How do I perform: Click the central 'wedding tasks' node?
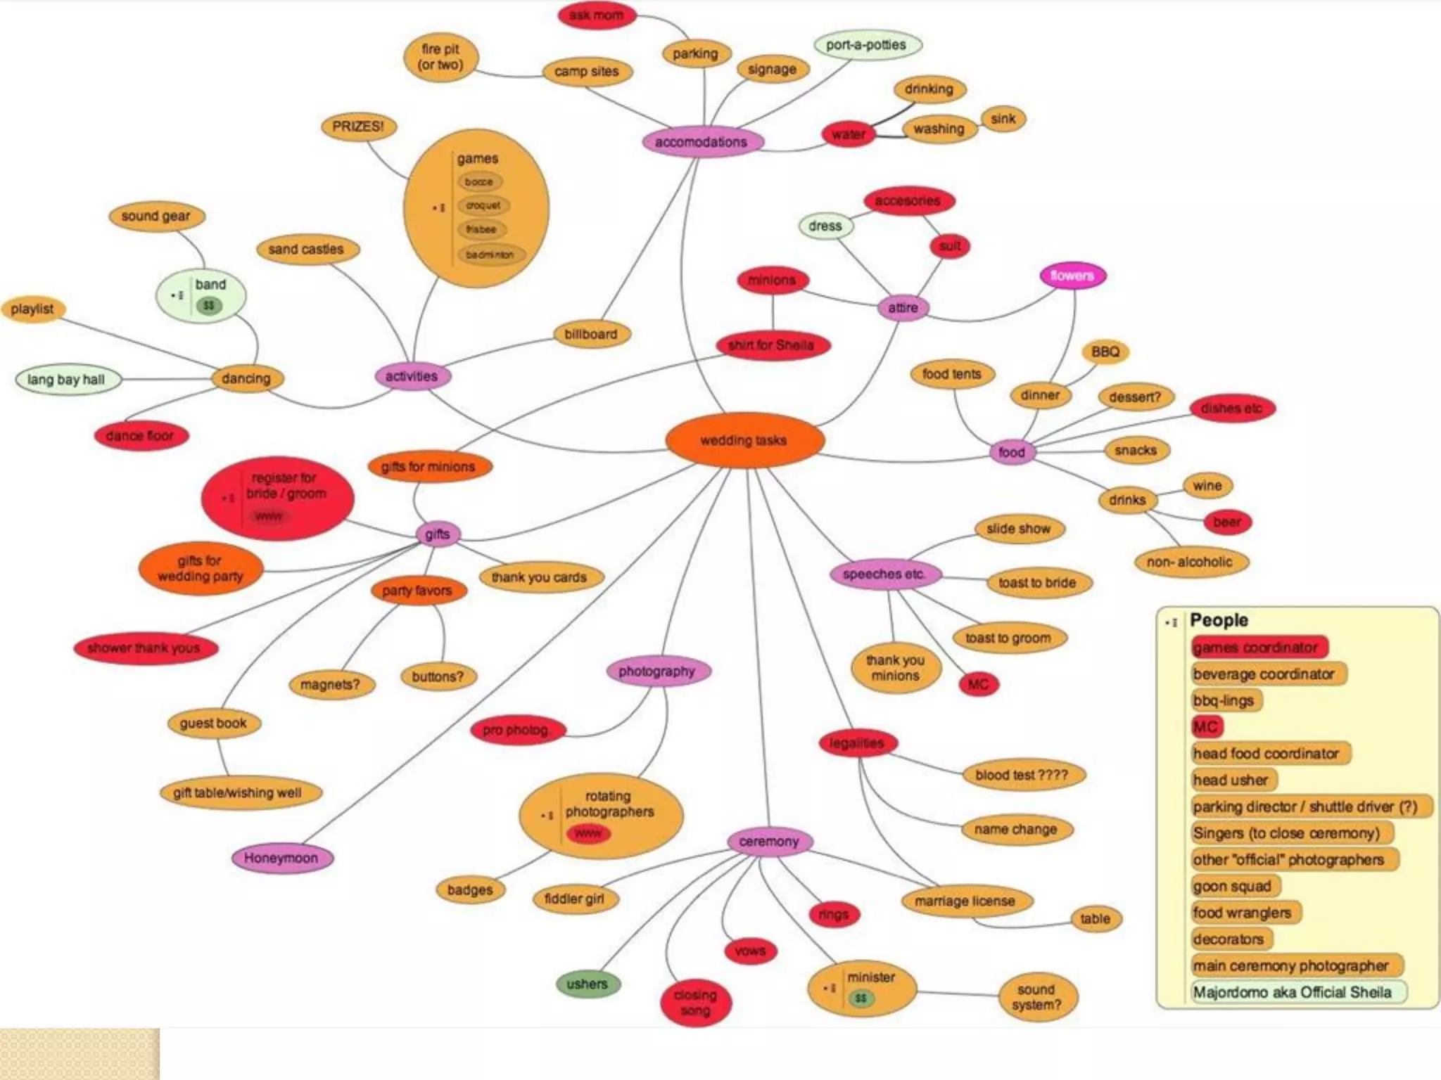(x=744, y=440)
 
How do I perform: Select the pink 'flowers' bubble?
(x=1072, y=276)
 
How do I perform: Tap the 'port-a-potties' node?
(x=867, y=45)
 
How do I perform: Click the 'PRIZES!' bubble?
(x=358, y=127)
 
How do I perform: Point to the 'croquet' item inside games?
(x=483, y=205)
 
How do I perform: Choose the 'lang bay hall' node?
(x=66, y=380)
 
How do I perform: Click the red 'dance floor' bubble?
(x=140, y=436)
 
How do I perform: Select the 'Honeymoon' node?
(x=281, y=858)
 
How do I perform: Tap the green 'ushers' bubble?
(x=587, y=984)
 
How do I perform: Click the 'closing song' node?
(x=695, y=1003)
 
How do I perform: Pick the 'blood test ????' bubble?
(x=1022, y=775)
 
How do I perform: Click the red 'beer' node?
(x=1227, y=522)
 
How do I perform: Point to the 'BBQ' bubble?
(x=1105, y=352)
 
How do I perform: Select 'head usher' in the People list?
(x=1231, y=780)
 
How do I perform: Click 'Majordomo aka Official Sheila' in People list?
(x=1293, y=992)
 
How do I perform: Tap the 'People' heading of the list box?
(x=1219, y=620)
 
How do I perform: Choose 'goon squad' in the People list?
(x=1232, y=886)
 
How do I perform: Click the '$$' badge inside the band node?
(x=209, y=306)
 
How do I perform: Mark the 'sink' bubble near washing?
(x=1003, y=119)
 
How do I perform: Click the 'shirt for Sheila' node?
(x=771, y=345)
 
